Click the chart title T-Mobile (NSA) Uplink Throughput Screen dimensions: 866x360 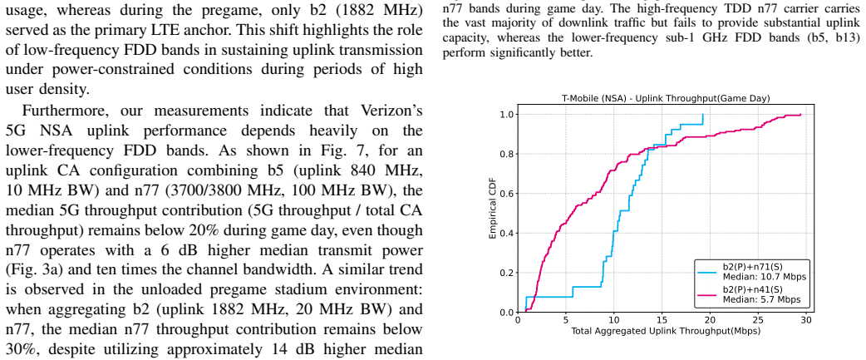pos(665,99)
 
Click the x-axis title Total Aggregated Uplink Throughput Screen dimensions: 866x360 pos(666,331)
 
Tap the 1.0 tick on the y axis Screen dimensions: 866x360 pos(506,114)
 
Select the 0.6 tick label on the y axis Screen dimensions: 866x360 pos(506,194)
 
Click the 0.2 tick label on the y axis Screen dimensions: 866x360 pos(506,273)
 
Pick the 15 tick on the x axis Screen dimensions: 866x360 pos(662,320)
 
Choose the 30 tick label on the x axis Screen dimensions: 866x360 pos(806,320)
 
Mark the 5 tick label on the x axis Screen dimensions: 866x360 pos(565,320)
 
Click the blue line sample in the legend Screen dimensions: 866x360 pos(707,272)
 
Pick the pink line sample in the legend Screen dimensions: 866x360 pos(707,295)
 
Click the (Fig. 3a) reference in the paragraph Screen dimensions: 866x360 pos(32,270)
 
